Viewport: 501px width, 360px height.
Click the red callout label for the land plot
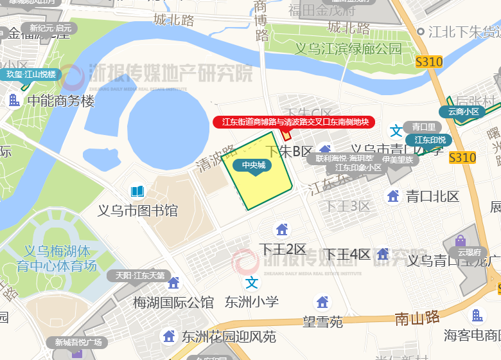294,122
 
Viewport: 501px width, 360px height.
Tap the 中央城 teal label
256,165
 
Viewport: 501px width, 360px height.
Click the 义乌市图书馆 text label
137,210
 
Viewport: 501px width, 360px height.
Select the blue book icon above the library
137,192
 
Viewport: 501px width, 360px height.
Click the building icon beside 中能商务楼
13,100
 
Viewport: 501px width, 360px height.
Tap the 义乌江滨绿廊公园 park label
348,49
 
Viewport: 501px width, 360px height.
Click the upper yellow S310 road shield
429,62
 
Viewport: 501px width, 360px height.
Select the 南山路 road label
417,317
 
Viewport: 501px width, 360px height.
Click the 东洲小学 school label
252,301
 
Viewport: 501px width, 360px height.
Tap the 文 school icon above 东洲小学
252,282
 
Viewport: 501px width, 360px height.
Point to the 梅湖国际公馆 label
173,301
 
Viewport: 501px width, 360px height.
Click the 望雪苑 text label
323,321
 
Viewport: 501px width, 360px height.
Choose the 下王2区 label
283,249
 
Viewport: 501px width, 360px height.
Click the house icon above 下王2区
281,229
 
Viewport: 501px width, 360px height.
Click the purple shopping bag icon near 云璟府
461,241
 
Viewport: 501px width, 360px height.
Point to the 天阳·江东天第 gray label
140,275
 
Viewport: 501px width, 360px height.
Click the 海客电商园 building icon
477,316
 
